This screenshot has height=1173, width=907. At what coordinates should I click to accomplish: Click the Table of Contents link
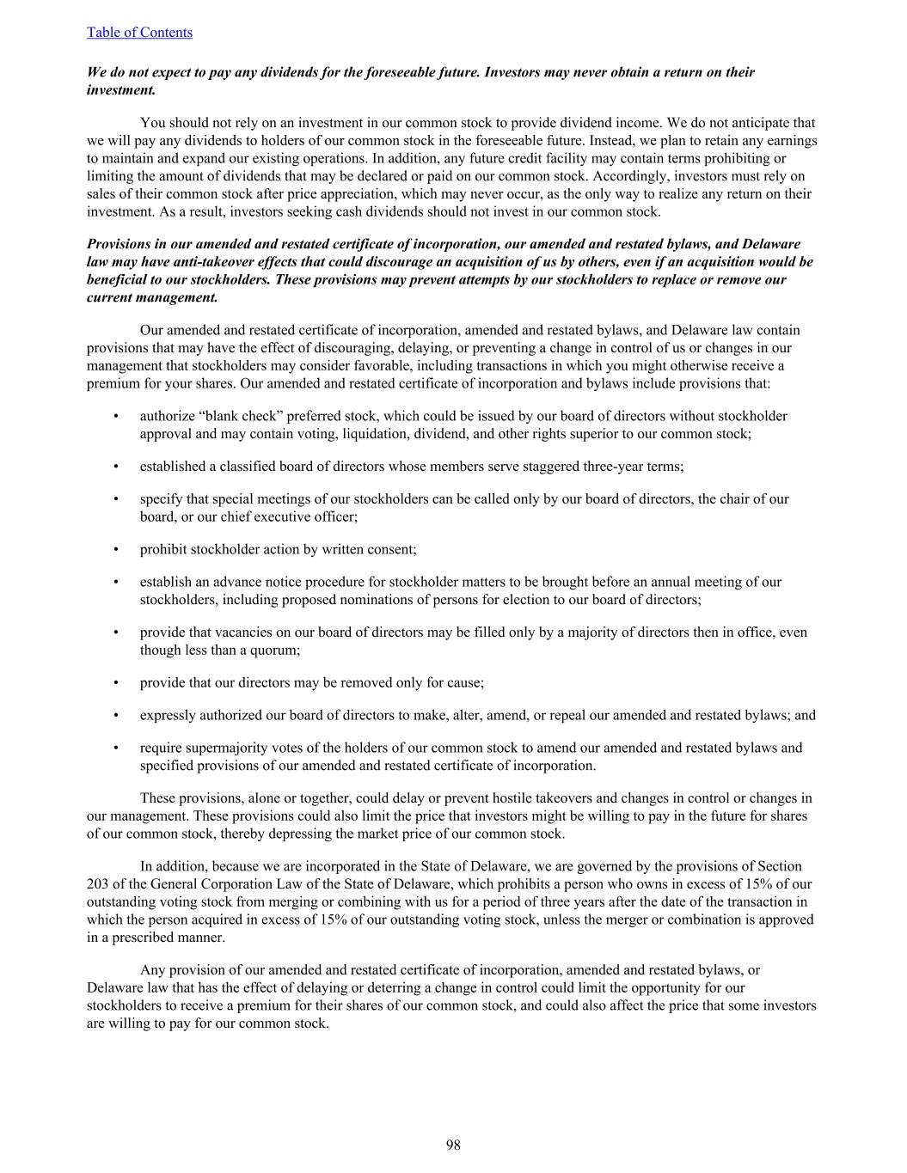[x=139, y=33]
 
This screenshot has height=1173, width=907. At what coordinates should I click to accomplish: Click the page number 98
[x=453, y=1145]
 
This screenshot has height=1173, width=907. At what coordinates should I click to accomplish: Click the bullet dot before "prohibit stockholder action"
[x=116, y=550]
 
